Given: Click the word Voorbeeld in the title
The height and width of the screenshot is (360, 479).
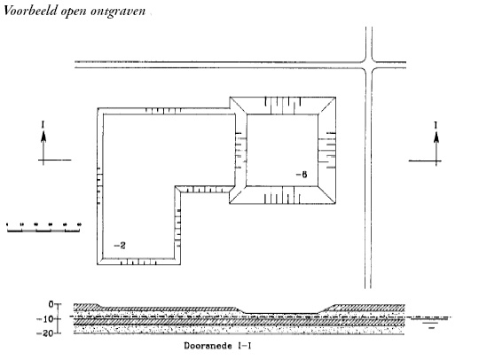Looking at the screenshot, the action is tap(30, 11).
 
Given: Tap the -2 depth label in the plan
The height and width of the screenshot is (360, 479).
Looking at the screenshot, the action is tap(120, 246).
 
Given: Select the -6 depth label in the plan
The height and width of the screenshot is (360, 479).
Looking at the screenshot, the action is tap(302, 175).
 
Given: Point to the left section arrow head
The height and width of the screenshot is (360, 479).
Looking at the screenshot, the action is tap(43, 137).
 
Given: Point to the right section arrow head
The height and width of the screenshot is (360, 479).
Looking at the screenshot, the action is tap(436, 137).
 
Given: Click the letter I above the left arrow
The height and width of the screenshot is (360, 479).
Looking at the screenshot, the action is tap(43, 124).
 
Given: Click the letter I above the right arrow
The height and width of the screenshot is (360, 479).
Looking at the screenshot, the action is tap(436, 125).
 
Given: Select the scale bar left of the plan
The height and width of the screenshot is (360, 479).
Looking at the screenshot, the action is tap(43, 228).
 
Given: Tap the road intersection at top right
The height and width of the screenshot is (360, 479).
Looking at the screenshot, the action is tap(368, 65).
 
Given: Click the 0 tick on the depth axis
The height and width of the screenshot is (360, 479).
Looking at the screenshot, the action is tap(58, 304).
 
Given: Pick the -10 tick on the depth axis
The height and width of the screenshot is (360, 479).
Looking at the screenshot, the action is tap(58, 319).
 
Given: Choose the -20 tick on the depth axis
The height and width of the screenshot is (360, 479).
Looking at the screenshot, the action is tap(58, 333).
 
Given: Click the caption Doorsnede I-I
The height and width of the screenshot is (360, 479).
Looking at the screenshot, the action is tap(218, 346).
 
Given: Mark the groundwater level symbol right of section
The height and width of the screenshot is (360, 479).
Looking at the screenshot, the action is tap(431, 322).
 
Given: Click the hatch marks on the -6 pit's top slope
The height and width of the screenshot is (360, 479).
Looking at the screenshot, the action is tap(283, 106).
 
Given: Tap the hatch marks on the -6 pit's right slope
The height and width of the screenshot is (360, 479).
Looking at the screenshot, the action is tap(326, 150).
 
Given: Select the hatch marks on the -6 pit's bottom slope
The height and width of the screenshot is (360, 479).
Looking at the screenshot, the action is tap(282, 195).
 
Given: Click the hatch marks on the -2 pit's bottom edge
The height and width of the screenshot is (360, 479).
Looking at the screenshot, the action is tap(138, 262).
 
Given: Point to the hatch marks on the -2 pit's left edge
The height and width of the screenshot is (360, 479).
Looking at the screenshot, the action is tap(99, 185).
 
